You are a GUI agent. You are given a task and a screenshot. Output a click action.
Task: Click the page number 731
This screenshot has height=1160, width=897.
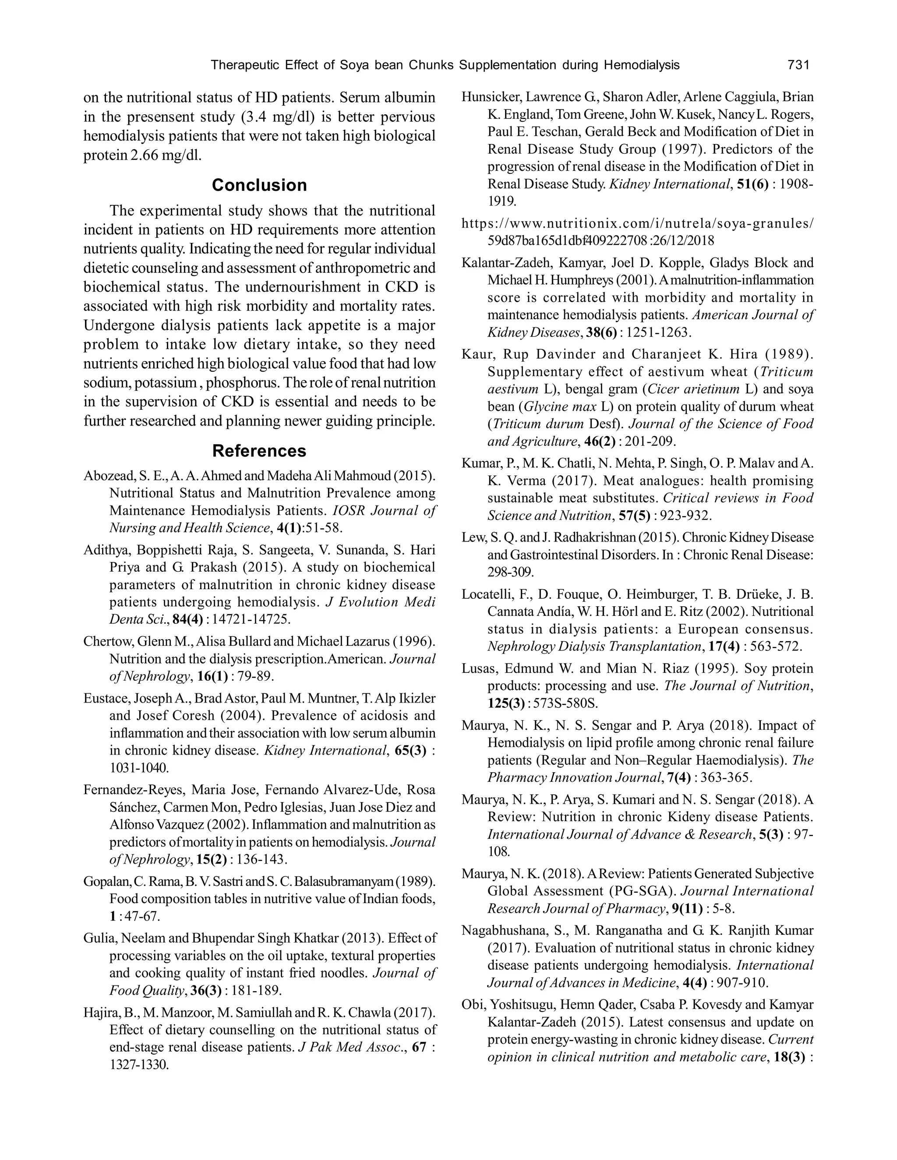tap(798, 65)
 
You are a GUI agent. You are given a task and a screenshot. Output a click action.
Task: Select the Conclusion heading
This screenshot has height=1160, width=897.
tap(259, 185)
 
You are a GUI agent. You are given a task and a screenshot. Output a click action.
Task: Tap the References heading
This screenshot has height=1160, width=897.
tap(259, 450)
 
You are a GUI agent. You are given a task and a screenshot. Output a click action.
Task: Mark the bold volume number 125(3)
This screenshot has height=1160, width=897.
tap(508, 703)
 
